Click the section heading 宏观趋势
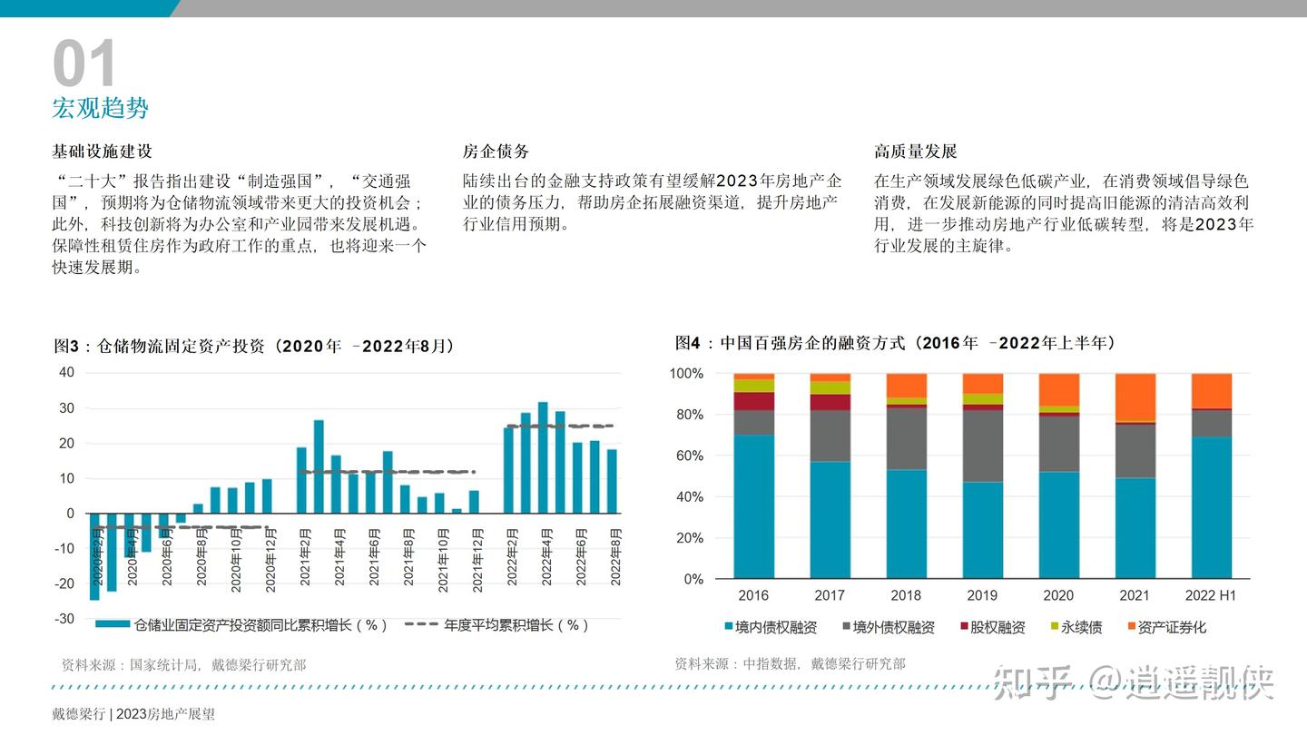100,109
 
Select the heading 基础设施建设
102,152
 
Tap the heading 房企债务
496,152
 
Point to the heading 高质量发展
916,152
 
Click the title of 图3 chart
254,346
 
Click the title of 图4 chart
895,343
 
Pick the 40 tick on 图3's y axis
66,372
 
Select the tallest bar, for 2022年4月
543,457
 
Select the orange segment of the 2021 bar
1135,397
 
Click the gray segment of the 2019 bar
983,446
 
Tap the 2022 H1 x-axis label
1211,595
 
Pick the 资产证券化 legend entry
1172,627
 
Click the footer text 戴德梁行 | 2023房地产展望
133,714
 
